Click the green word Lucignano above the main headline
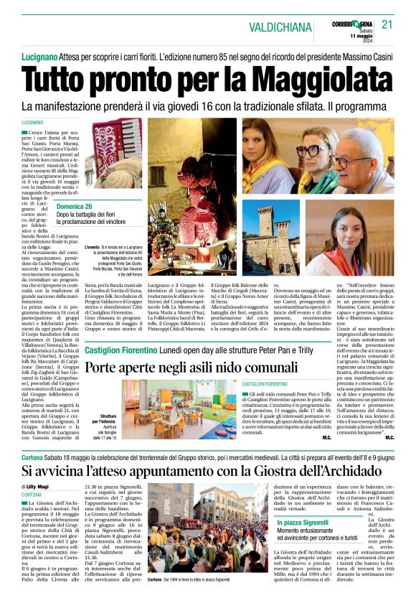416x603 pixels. [41, 56]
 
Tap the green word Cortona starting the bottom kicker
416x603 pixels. [33, 457]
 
